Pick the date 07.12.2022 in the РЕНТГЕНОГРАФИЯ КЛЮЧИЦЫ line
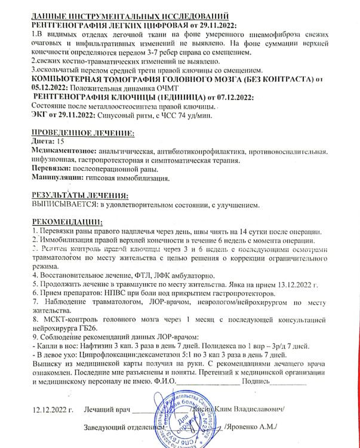(x=233, y=97)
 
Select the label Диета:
(x=41, y=142)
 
